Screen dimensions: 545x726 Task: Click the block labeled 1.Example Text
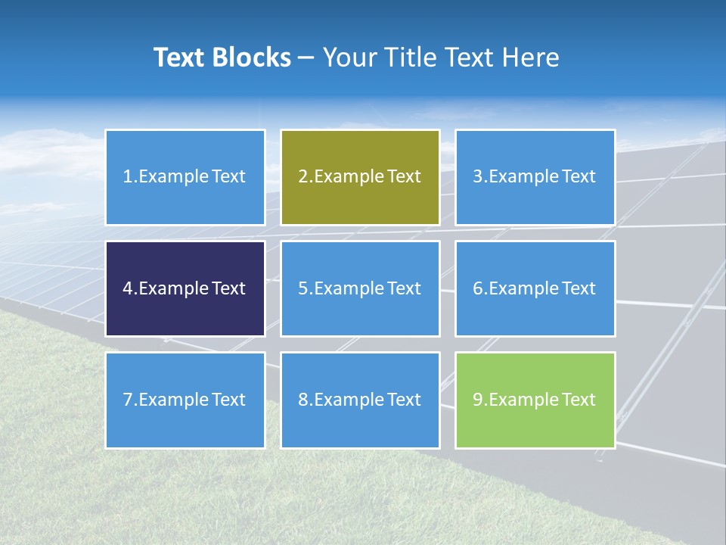(x=185, y=177)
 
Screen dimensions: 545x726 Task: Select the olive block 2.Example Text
(x=360, y=177)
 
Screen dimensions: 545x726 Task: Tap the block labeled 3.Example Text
(x=535, y=177)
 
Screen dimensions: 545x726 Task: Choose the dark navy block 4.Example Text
(x=185, y=288)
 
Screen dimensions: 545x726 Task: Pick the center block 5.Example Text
(x=360, y=288)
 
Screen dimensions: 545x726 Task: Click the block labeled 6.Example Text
(x=535, y=288)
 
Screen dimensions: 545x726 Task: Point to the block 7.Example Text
(x=185, y=400)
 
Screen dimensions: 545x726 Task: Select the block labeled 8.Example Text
(x=360, y=400)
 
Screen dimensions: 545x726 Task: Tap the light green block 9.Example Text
(x=535, y=400)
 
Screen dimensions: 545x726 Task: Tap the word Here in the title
(x=532, y=58)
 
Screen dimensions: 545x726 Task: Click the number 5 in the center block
(x=302, y=288)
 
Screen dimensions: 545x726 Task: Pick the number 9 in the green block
(x=477, y=400)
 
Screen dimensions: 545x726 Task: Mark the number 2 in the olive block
(x=302, y=177)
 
